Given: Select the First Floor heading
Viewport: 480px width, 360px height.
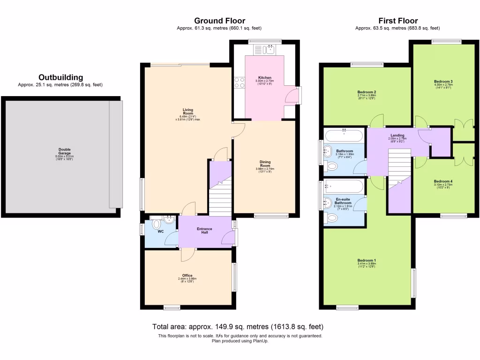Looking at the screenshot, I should tap(398, 21).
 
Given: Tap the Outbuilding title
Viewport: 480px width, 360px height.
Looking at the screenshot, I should tap(60, 77).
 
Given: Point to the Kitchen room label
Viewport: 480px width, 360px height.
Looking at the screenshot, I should tap(265, 78).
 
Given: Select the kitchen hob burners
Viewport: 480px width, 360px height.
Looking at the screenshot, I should tap(240, 83).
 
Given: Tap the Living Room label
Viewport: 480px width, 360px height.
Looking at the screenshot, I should tap(188, 112).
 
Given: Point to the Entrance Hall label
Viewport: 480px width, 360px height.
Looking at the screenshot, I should tap(204, 231).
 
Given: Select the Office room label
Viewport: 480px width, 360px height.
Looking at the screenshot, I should tap(187, 276).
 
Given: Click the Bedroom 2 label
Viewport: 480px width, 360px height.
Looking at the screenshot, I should tap(367, 92).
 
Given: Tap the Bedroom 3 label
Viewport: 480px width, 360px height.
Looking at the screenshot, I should tap(443, 82).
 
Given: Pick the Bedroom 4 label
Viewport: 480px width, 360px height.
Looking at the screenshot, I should tap(443, 181).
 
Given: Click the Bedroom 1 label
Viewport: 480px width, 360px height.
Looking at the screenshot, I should tap(367, 260).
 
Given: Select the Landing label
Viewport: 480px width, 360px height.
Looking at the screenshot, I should tap(397, 135).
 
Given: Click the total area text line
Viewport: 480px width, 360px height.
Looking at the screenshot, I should tap(238, 326).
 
